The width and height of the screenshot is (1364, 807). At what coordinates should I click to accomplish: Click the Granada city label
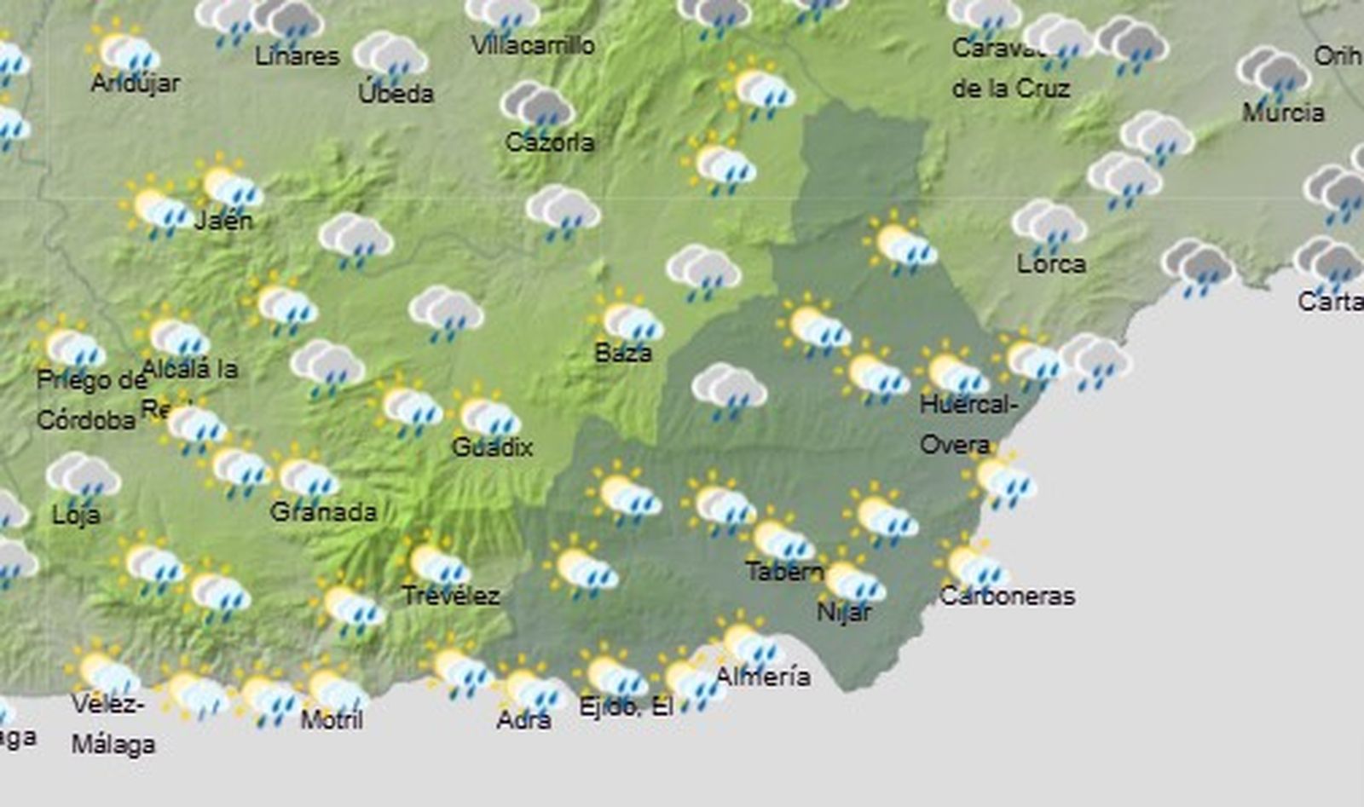323,511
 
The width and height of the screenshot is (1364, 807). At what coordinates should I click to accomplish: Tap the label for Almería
763,677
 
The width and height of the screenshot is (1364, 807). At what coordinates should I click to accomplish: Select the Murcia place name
1283,112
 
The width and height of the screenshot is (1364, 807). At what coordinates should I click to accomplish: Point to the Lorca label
1051,264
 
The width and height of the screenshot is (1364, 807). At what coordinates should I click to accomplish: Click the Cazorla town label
549,141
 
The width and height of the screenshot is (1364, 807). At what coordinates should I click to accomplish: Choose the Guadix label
492,447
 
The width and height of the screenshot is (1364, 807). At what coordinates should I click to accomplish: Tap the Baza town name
623,352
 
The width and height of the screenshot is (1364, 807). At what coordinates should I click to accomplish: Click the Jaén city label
223,221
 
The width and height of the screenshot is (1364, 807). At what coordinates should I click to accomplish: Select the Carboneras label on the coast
1007,596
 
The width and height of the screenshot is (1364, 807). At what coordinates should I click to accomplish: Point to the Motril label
332,719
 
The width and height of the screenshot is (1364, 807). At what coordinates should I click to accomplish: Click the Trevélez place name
450,595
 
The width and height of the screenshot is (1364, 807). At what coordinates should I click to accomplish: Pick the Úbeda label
396,93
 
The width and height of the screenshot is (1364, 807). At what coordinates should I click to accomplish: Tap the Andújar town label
135,84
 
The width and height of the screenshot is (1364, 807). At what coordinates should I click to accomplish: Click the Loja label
76,515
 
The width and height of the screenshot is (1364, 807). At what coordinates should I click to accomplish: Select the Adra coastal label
523,720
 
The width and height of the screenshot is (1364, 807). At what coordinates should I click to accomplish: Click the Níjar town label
844,611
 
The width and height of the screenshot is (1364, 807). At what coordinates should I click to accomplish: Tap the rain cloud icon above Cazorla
537,107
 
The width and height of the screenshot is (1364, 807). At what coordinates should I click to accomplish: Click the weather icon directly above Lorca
1049,225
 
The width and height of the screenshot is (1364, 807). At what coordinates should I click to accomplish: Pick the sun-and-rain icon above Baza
630,320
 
